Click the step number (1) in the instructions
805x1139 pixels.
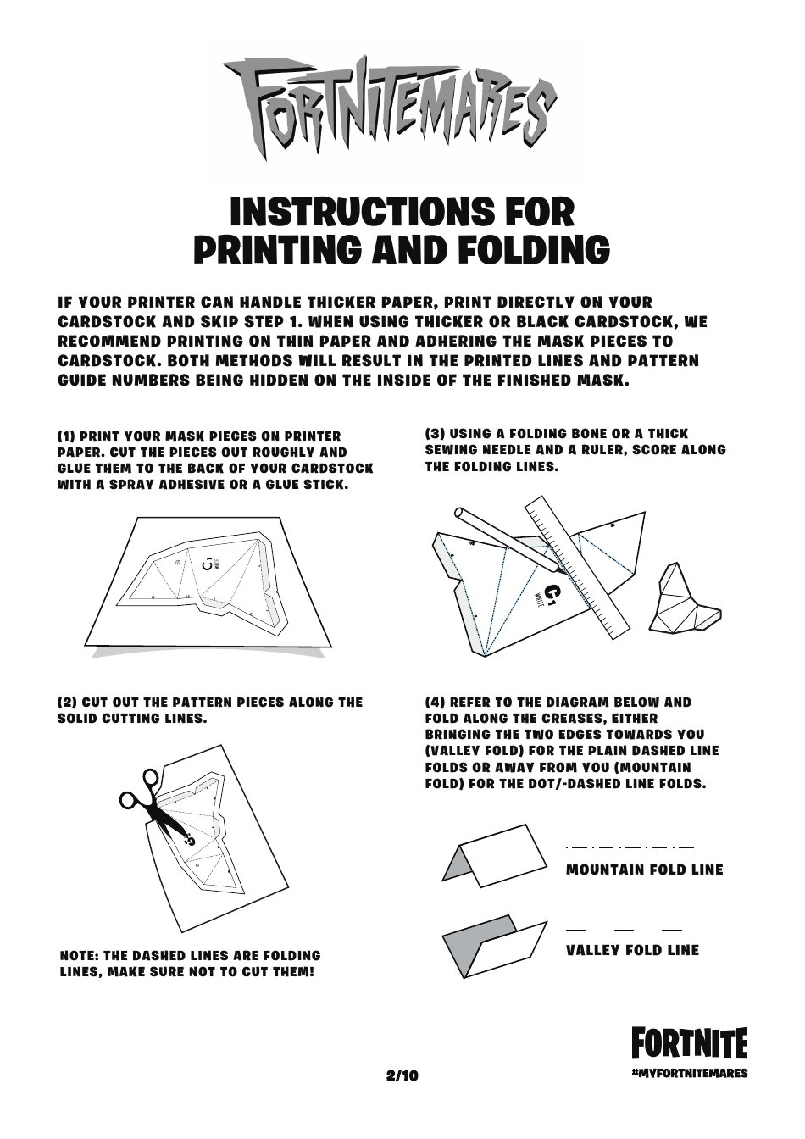click(x=67, y=436)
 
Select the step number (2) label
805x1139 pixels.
click(x=67, y=703)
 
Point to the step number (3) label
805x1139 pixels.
click(x=435, y=434)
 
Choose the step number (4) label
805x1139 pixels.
click(x=435, y=703)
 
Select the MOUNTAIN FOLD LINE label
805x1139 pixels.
click(x=644, y=870)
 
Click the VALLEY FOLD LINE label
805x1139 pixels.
click(x=632, y=950)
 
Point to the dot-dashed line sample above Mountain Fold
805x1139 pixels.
click(x=629, y=847)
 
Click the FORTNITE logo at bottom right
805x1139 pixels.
click(x=689, y=1043)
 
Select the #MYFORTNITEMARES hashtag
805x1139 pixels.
click(x=690, y=1073)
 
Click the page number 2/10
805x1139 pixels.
click(x=402, y=1076)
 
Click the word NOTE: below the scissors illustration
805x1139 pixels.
click(x=79, y=956)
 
